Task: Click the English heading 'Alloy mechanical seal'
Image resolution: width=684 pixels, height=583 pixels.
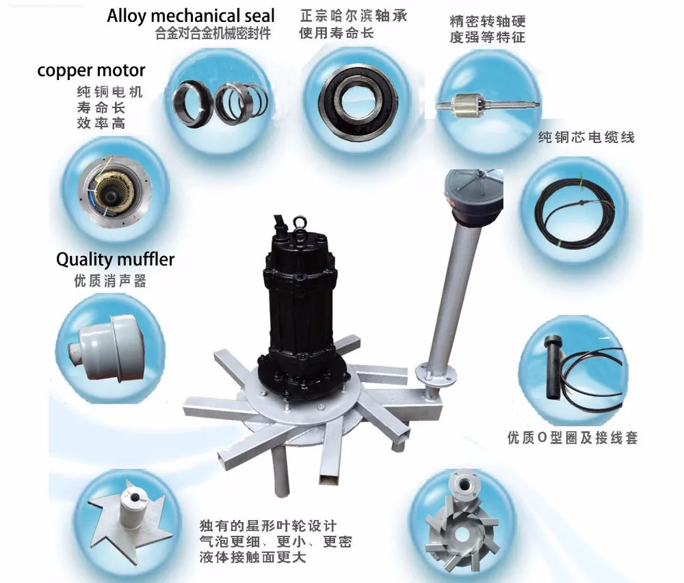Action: pos(191,16)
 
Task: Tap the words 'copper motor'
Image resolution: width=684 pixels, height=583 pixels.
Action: pos(91,70)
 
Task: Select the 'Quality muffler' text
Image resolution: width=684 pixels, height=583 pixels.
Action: pos(115,259)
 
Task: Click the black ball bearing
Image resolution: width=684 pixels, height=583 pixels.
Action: pos(358,101)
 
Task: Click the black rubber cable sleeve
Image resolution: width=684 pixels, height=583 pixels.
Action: pos(553,366)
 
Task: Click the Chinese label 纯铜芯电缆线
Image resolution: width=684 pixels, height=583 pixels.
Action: pos(587,138)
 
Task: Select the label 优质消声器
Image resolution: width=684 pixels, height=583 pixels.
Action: pos(110,281)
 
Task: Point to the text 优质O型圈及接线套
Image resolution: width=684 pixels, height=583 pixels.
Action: pos(573,438)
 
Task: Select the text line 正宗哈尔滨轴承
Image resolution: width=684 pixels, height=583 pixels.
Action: pos(354,16)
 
